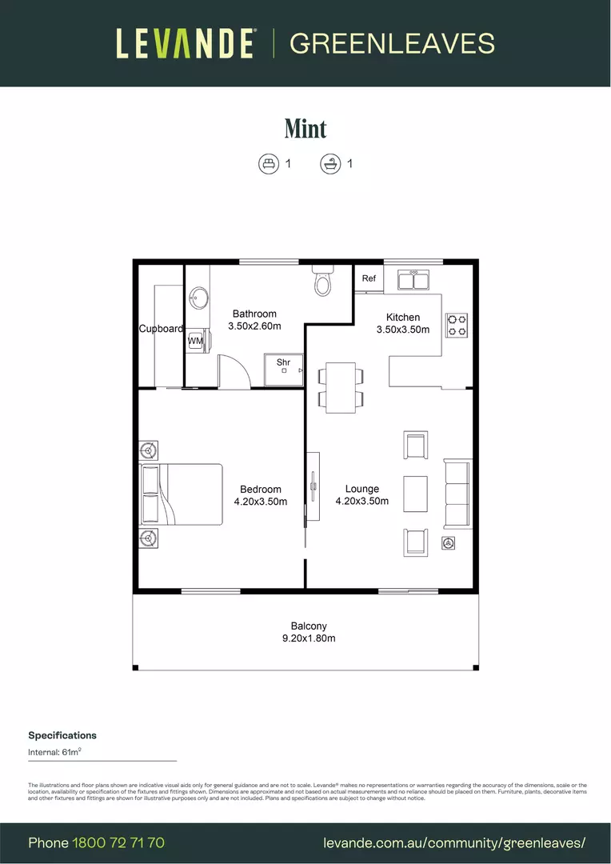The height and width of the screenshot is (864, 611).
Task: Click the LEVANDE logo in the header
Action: click(x=186, y=43)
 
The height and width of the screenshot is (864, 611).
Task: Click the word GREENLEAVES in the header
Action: click(x=392, y=43)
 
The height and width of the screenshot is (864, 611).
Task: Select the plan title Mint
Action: click(x=305, y=128)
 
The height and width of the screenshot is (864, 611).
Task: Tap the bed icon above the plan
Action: click(x=268, y=164)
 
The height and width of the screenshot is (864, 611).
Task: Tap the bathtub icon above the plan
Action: click(x=329, y=164)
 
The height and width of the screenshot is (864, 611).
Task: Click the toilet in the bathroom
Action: click(x=323, y=281)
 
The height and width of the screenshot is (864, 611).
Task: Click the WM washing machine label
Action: click(x=195, y=341)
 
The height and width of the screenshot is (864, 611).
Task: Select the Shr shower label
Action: click(x=283, y=362)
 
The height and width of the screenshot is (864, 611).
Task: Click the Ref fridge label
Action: click(x=369, y=278)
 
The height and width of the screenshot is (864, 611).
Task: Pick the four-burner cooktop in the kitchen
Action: click(x=457, y=324)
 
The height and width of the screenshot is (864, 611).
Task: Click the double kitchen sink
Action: click(x=413, y=280)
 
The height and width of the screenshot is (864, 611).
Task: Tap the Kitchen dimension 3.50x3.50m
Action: click(x=402, y=329)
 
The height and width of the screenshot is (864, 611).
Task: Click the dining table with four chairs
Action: click(x=341, y=387)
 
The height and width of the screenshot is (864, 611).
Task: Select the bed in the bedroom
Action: click(x=182, y=494)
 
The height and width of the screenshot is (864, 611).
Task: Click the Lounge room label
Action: click(x=362, y=489)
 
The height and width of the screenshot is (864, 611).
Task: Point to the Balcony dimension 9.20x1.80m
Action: click(x=309, y=638)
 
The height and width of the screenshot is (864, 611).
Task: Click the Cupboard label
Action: click(x=161, y=329)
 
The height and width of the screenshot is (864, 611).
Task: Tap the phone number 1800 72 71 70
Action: click(x=118, y=842)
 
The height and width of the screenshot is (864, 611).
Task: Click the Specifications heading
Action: click(x=62, y=735)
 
